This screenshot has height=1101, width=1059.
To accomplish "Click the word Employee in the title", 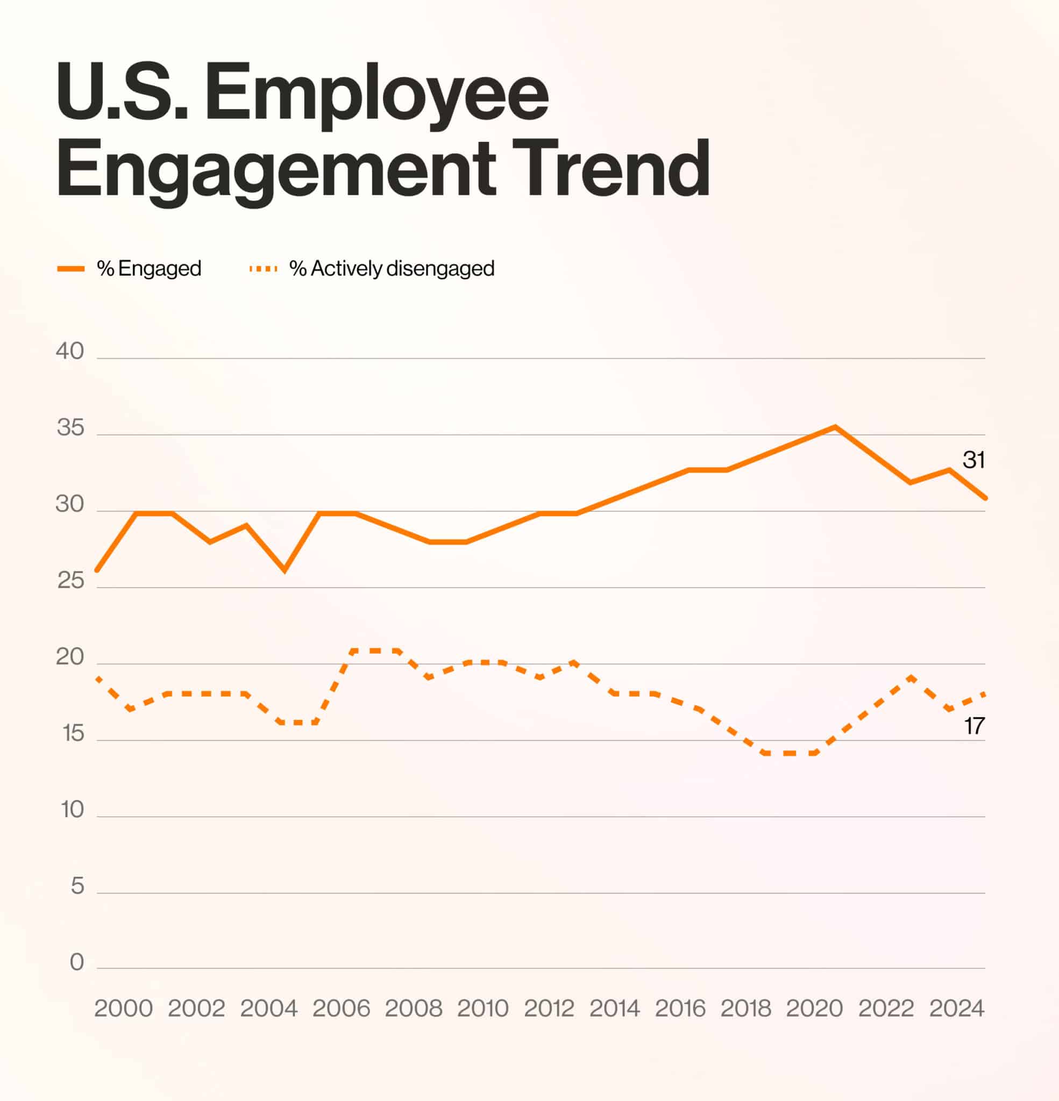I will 376,92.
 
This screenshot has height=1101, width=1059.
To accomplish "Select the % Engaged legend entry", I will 148,268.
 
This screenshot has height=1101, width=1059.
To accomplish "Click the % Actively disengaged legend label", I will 392,268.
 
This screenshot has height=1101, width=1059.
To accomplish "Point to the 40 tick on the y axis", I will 70,351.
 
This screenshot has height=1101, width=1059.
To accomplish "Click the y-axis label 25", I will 70,580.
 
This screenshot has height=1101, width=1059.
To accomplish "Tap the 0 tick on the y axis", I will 76,962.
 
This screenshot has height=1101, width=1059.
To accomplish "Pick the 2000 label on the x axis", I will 123,1009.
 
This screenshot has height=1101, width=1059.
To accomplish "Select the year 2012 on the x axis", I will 549,1009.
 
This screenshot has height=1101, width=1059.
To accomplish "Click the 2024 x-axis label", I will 956,1009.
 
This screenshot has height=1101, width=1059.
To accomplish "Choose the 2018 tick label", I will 745,1009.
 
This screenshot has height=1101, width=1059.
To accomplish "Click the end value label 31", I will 973,460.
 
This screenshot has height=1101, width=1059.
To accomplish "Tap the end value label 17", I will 974,726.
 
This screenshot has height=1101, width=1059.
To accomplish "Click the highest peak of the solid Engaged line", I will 835,427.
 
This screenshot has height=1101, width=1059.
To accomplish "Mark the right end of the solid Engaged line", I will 985,498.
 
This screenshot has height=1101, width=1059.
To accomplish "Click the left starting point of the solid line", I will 97,570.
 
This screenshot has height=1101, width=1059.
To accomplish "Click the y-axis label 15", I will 73,733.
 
